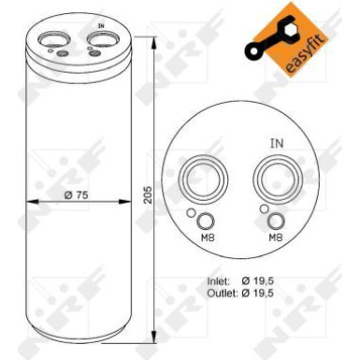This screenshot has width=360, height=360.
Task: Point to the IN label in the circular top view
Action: (276, 143)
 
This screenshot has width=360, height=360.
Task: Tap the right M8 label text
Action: (276, 238)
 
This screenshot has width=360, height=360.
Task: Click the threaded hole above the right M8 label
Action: (276, 221)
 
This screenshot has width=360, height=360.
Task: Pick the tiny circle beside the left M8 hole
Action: (193, 215)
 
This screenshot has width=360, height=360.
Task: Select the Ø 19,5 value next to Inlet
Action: (271, 281)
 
